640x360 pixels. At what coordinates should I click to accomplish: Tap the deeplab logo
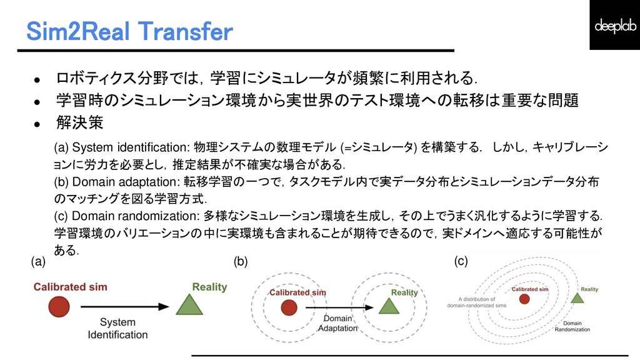(x=614, y=25)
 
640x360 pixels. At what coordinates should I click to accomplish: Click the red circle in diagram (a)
(x=58, y=307)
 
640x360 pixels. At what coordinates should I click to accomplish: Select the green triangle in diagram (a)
(x=188, y=305)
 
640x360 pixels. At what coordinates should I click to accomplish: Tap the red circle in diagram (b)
(x=288, y=307)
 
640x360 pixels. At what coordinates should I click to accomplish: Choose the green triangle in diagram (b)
(x=387, y=305)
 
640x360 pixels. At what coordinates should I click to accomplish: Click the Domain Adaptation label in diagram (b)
(x=337, y=323)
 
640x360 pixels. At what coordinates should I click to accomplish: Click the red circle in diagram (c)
(x=524, y=299)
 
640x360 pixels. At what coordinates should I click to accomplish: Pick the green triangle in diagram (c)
(x=577, y=297)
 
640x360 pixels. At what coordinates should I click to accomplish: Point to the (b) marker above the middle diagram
(x=241, y=262)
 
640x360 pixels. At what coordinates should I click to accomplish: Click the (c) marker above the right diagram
(x=461, y=262)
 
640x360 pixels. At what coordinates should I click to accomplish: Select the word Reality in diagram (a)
(x=209, y=287)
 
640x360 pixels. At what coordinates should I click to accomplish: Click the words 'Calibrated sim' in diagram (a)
(x=70, y=287)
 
